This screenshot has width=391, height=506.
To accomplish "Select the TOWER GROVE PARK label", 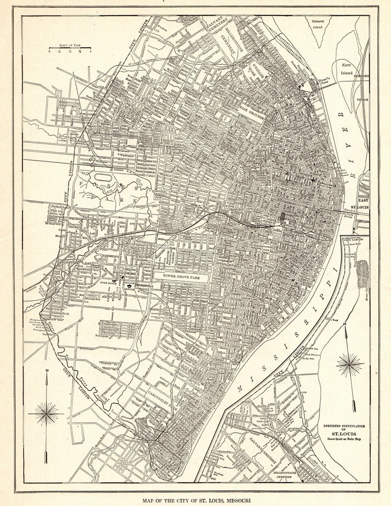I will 181,277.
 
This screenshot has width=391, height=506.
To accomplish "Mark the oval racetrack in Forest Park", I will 104,175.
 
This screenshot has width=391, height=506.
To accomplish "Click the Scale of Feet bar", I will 70,49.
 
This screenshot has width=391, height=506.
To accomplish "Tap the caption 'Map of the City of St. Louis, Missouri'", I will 195,500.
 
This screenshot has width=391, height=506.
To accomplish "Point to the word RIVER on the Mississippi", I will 343,135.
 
